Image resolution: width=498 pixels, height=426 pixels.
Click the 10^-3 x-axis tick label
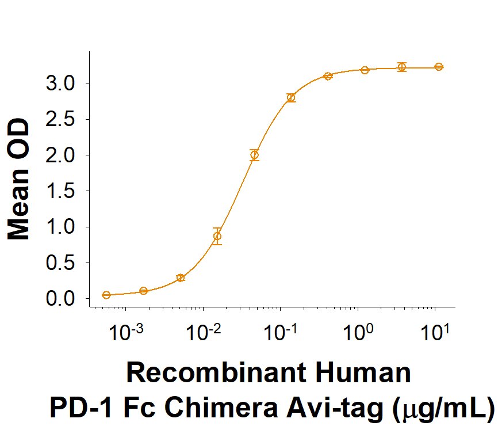[125, 333]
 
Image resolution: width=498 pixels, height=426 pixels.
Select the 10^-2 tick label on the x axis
[202, 333]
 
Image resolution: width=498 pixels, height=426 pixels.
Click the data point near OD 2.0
[254, 155]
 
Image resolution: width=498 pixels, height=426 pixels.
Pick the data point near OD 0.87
[217, 236]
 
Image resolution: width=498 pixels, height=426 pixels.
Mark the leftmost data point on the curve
[106, 295]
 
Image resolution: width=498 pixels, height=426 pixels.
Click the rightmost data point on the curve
[439, 67]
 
